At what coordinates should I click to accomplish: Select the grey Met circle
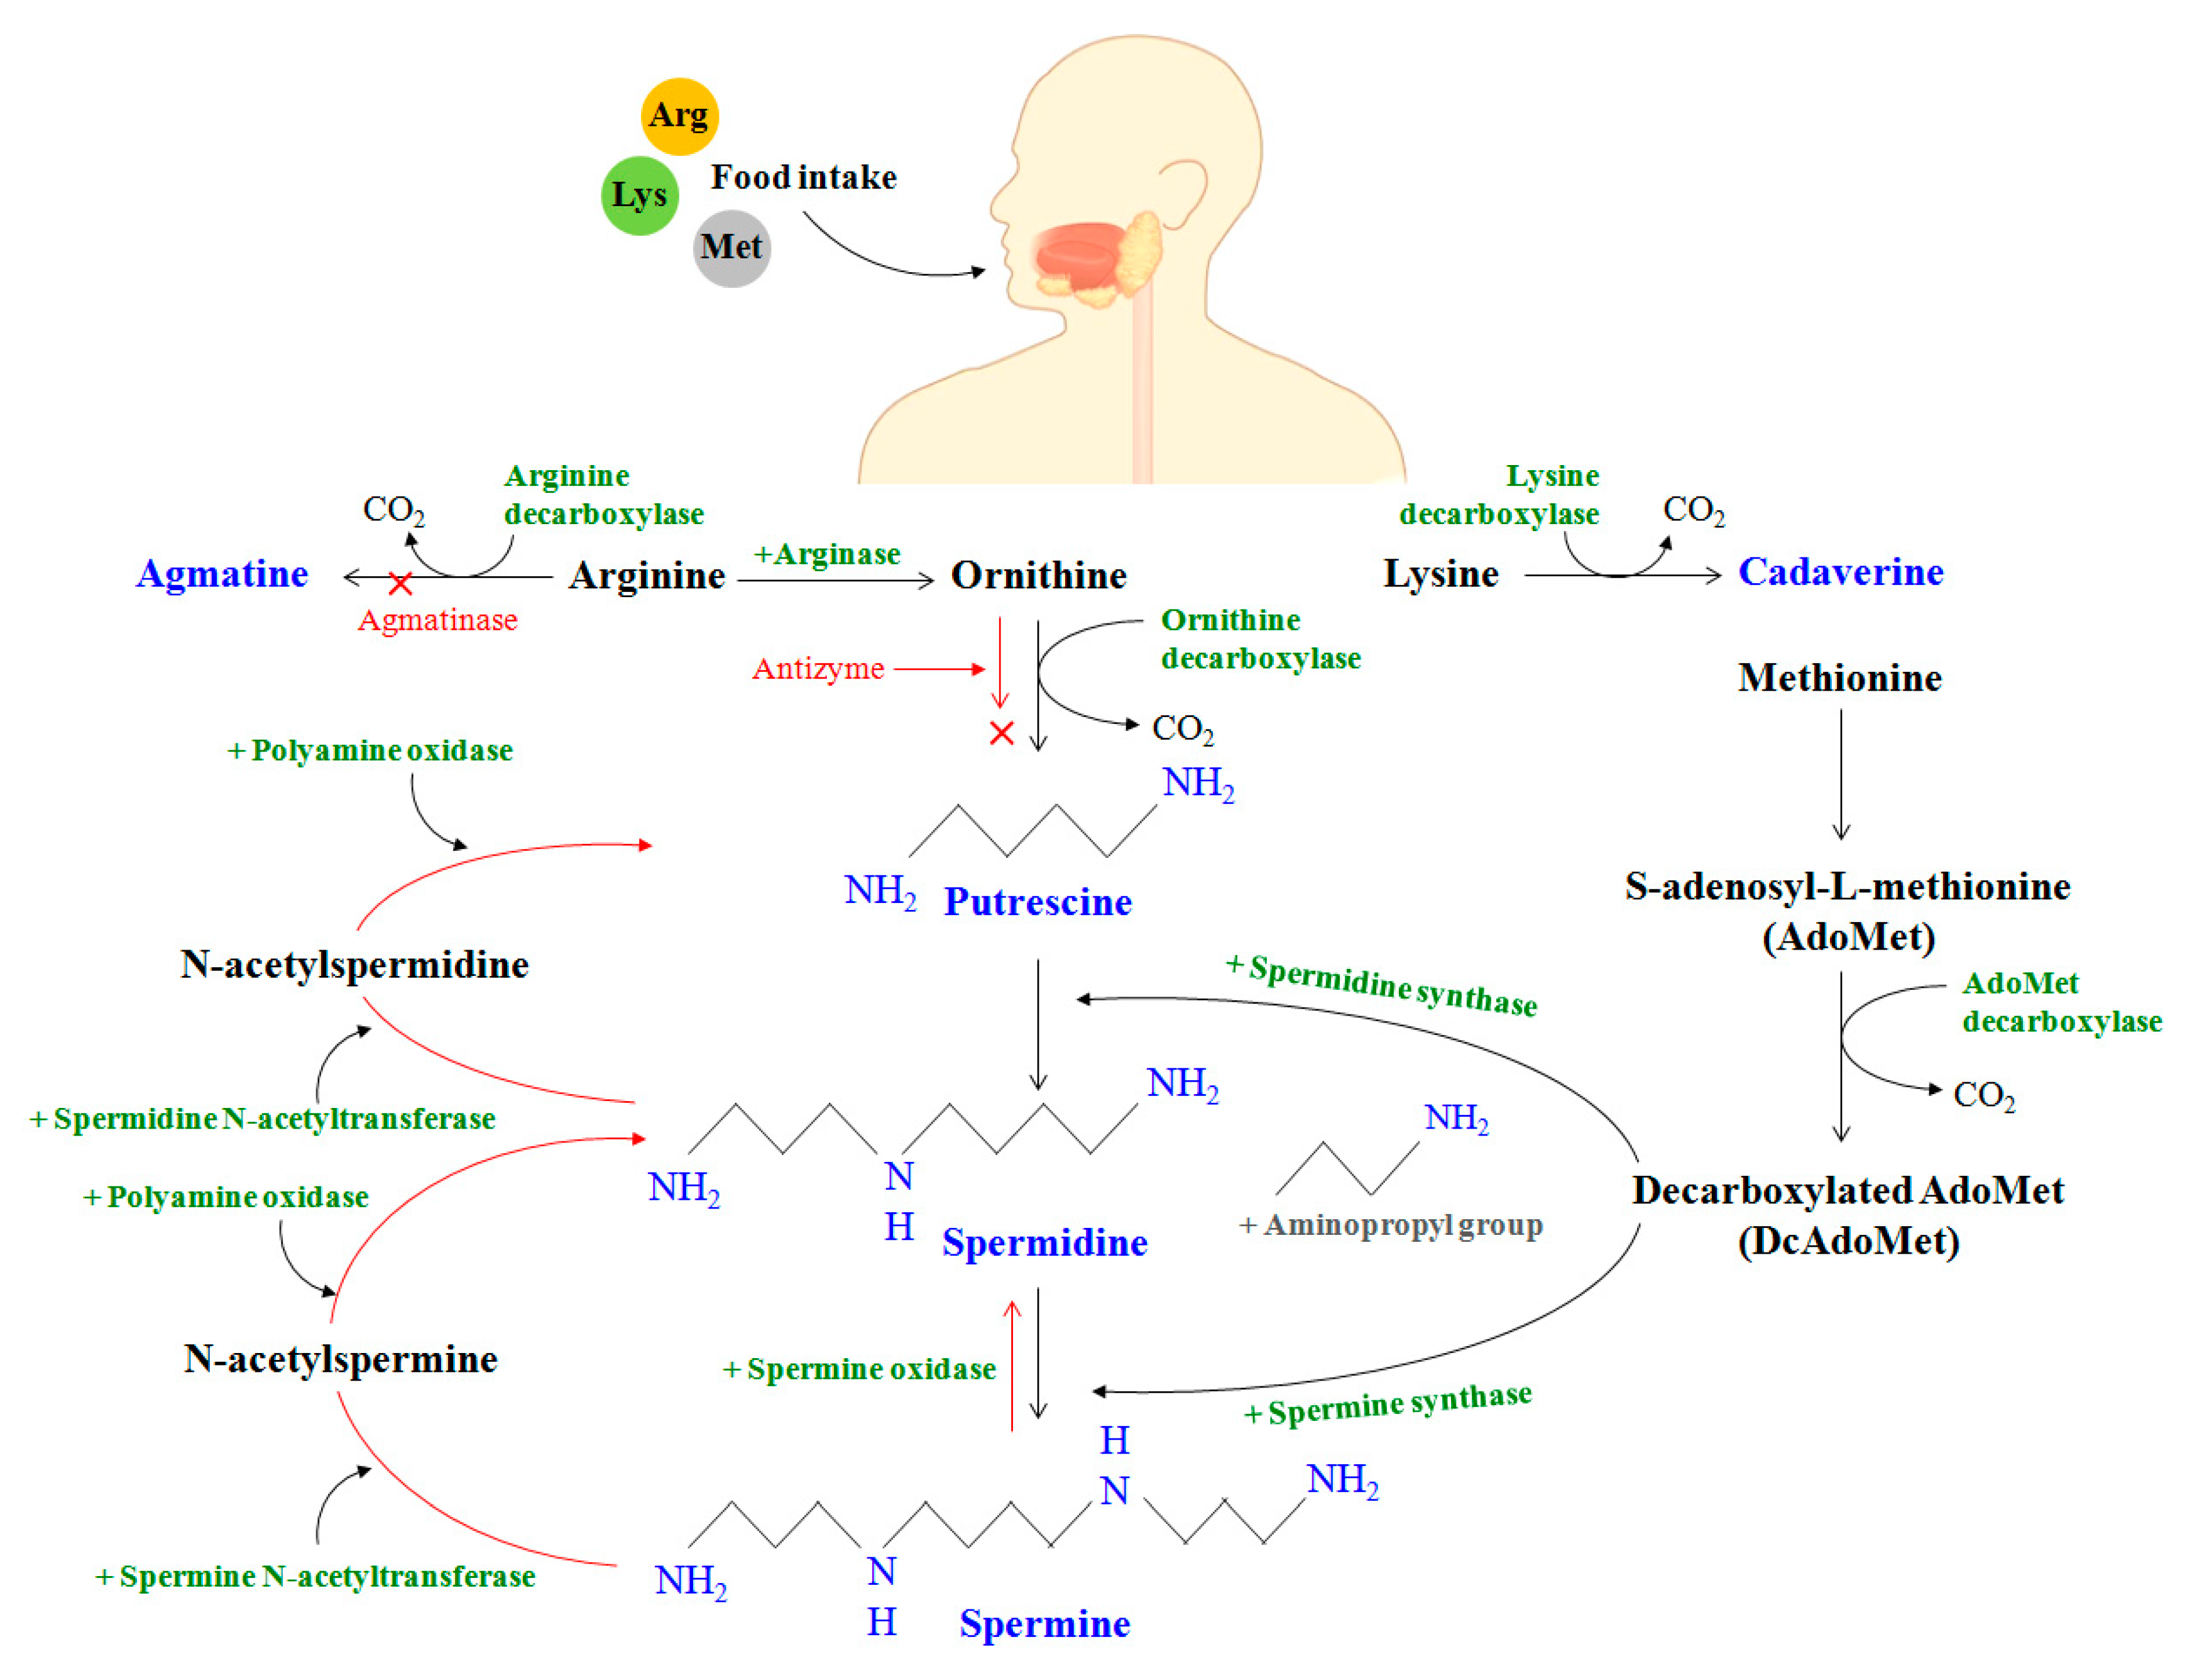(731, 248)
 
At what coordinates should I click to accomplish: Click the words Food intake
(803, 177)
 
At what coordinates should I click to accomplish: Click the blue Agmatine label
(222, 574)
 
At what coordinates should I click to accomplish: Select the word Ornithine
(1038, 575)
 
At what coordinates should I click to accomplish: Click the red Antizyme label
(818, 669)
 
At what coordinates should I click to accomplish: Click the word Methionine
(1839, 677)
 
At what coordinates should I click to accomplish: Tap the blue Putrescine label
(1038, 902)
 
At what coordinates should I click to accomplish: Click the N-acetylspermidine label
(354, 965)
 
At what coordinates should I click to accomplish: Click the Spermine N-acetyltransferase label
(315, 1577)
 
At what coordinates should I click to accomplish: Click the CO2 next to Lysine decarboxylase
(1694, 510)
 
